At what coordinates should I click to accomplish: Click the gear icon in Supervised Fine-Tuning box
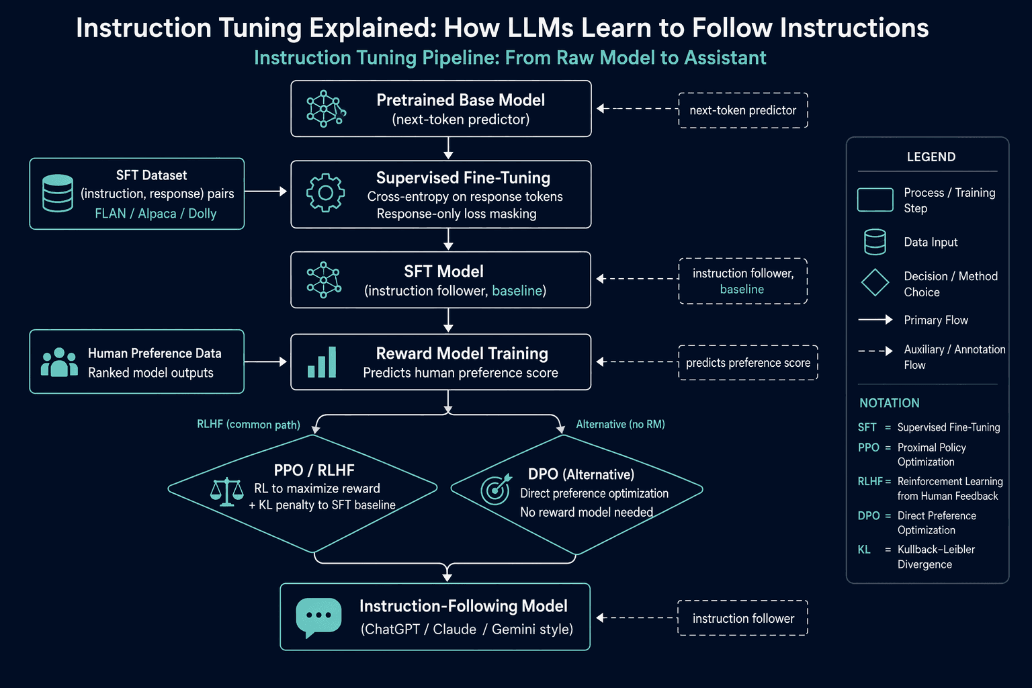point(325,193)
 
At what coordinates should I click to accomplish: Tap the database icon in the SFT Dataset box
point(58,193)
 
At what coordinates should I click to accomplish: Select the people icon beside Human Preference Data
point(59,362)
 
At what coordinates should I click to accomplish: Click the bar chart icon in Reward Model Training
point(322,362)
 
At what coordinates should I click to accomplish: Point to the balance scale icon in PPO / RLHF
point(226,492)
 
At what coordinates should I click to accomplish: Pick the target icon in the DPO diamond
point(496,489)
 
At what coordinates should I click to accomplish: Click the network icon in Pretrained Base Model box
point(326,109)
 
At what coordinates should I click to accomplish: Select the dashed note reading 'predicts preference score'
point(748,363)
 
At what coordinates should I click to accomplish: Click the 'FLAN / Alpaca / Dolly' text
point(156,214)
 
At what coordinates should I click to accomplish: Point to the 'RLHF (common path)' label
point(249,425)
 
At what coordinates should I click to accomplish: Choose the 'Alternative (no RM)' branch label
point(621,424)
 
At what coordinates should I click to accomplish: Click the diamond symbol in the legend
point(875,282)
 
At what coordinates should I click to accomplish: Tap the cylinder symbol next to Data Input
point(875,242)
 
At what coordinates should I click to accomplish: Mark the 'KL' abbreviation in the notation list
point(864,550)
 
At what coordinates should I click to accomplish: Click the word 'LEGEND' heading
point(931,157)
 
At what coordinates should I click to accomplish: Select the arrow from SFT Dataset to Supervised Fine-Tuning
point(265,191)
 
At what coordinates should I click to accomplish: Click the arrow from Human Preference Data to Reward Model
point(265,361)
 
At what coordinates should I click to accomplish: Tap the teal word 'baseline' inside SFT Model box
point(517,290)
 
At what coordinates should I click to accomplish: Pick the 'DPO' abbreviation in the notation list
point(869,515)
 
